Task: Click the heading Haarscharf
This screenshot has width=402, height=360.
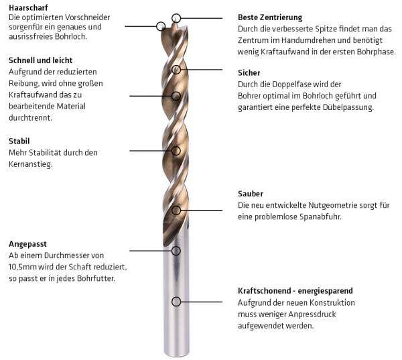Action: [28, 7]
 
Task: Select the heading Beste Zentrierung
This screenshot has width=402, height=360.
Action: [270, 17]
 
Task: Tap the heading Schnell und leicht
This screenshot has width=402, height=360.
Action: [40, 60]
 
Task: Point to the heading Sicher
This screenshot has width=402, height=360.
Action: [249, 73]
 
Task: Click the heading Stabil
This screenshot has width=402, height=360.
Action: [19, 141]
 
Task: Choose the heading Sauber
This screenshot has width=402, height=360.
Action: [251, 194]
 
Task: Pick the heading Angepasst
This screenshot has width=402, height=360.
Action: [27, 244]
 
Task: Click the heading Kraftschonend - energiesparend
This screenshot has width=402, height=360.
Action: [295, 291]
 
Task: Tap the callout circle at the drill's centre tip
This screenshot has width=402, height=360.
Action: [176, 18]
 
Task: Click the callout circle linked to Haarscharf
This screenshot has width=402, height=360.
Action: [161, 26]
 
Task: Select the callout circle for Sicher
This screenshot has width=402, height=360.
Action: [176, 70]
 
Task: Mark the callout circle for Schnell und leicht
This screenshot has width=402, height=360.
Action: [176, 97]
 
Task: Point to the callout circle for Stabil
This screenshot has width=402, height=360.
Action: [176, 151]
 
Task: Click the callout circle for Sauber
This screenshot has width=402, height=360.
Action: [176, 211]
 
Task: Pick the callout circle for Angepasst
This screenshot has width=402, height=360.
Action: [176, 251]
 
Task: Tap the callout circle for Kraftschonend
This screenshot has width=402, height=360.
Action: [176, 302]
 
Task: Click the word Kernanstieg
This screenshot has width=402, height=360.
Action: [31, 164]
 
